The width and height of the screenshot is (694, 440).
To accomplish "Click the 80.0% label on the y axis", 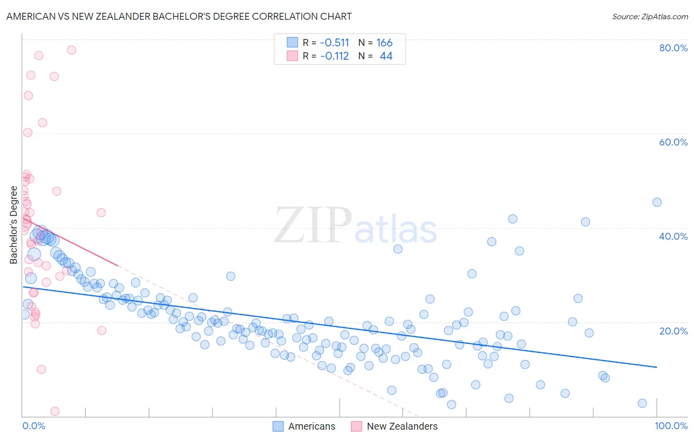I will (673, 48).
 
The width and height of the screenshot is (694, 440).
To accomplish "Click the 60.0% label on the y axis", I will (673, 142).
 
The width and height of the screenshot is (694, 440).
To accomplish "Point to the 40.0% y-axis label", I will (673, 236).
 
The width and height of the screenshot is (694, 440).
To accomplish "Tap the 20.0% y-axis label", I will (673, 330).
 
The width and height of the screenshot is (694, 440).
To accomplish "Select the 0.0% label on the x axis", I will (34, 426).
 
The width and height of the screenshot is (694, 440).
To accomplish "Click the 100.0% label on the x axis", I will (671, 426).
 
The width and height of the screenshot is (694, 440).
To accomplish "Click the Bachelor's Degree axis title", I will (14, 225).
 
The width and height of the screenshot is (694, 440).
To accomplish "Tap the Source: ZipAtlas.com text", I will (650, 16).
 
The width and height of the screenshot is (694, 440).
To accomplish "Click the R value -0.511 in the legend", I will (334, 43).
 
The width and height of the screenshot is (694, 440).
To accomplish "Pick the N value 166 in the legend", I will (384, 43).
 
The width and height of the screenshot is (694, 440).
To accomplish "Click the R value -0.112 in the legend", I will (334, 56).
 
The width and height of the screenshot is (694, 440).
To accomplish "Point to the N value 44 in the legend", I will (386, 56).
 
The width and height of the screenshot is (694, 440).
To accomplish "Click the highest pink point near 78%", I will (72, 50).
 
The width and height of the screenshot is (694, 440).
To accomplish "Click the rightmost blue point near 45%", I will (657, 202).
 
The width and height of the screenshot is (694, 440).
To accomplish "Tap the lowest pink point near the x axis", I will (55, 411).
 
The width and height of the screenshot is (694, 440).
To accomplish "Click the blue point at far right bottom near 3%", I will (642, 403).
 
